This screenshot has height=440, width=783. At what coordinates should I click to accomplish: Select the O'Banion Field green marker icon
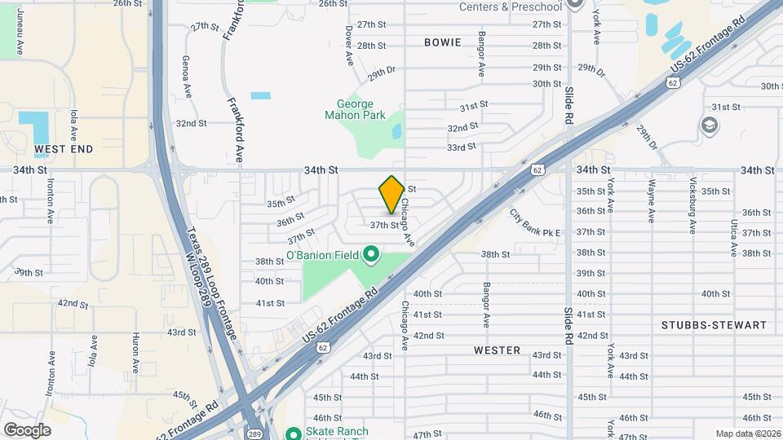(x=371, y=256)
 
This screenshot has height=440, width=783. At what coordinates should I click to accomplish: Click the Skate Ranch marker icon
(x=294, y=433)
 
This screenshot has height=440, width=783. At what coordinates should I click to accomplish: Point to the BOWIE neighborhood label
(x=443, y=42)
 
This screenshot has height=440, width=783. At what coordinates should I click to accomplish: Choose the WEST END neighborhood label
(x=64, y=149)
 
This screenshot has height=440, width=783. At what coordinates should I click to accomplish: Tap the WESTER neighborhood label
(x=497, y=350)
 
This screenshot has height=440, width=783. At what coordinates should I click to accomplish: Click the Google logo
(x=27, y=429)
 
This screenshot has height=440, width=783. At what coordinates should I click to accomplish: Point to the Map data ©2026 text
(x=746, y=433)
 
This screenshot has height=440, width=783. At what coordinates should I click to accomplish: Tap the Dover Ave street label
(x=348, y=45)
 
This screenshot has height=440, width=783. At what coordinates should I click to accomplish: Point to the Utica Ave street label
(x=734, y=238)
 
